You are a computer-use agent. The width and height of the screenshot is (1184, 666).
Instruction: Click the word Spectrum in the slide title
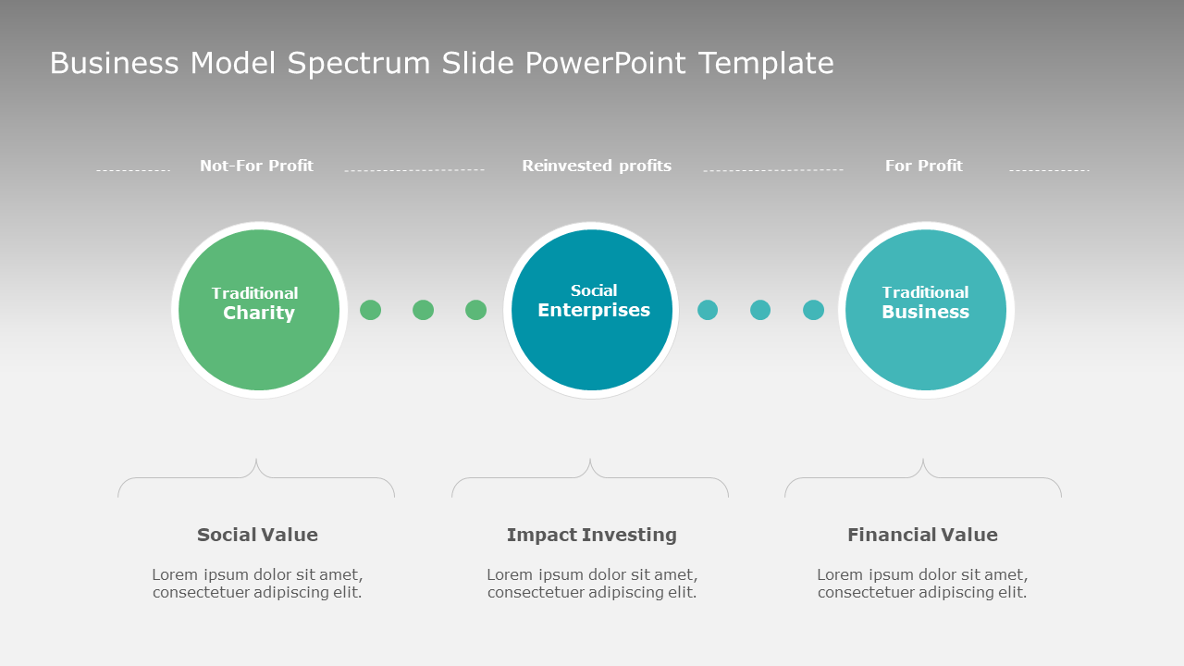tap(359, 64)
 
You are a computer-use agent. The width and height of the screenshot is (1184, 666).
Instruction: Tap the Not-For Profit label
tap(256, 166)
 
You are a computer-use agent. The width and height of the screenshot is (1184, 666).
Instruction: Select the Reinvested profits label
tap(597, 166)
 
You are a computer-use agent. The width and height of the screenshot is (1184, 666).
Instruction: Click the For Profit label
tap(923, 166)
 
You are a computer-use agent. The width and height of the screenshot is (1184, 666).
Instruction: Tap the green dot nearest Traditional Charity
tap(370, 310)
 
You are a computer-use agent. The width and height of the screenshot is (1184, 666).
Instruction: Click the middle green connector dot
tap(423, 310)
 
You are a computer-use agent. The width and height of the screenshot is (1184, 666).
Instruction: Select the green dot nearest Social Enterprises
tap(475, 310)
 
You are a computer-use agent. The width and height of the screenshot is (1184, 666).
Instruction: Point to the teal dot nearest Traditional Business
tap(813, 310)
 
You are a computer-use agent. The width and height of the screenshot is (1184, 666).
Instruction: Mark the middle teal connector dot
tap(760, 310)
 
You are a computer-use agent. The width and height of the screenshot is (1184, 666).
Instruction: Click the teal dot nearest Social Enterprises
tap(708, 310)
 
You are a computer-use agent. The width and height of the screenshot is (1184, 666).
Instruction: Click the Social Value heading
tap(257, 535)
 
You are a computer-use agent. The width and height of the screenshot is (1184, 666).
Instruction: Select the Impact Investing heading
tap(592, 535)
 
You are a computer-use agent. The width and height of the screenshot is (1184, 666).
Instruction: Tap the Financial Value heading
tap(922, 535)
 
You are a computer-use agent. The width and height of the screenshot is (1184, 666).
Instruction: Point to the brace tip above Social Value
tap(256, 460)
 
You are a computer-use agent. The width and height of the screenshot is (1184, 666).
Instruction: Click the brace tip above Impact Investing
tap(590, 460)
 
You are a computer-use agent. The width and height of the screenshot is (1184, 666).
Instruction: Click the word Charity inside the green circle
tap(259, 314)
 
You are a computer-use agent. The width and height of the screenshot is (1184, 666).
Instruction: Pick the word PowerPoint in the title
tap(606, 64)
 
